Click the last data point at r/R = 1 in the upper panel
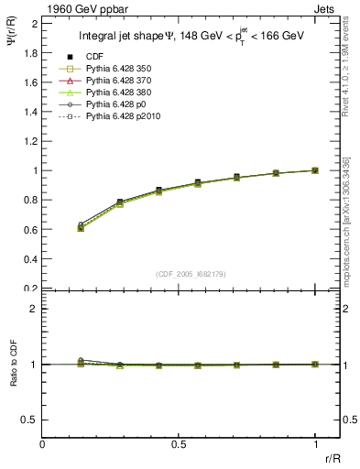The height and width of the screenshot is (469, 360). [315, 170]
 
